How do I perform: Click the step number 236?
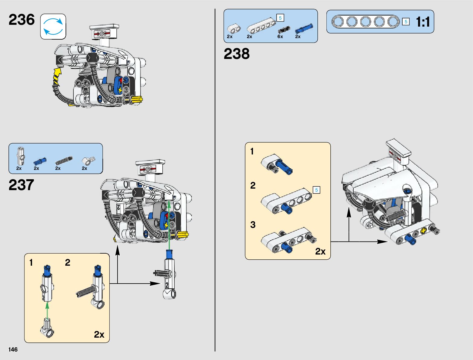pos(21,20)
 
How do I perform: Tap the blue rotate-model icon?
pos(53,27)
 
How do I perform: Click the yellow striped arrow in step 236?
pos(57,76)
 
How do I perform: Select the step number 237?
pos(21,185)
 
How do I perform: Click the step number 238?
pos(237,54)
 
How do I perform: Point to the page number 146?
pos(13,349)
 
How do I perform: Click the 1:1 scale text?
pos(423,22)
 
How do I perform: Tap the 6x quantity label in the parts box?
pos(280,37)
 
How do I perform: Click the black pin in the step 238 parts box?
pos(284,30)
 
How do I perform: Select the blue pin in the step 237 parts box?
pos(40,161)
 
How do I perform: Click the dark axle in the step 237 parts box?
pos(64,161)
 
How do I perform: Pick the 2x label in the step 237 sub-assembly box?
pos(99,334)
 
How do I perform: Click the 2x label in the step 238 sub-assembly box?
pos(320,251)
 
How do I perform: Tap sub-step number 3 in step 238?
pos(253,225)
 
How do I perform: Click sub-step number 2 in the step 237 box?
pos(68,262)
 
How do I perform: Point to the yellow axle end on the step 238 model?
pos(423,231)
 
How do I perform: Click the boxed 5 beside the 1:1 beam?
pos(406,22)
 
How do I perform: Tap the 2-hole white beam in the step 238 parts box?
pos(234,29)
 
